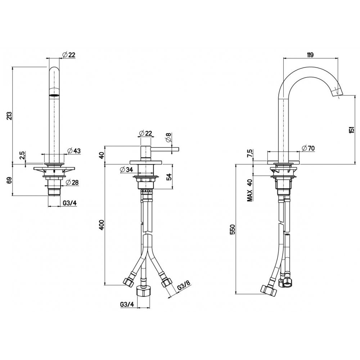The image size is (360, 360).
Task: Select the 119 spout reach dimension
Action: click(310, 55)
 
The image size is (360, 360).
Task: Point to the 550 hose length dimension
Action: click(233, 229)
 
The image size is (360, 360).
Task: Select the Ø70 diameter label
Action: click(309, 148)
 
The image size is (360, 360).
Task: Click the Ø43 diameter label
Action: click(74, 151)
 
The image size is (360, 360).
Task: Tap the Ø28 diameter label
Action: click(72, 182)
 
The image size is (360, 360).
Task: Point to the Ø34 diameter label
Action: click(126, 170)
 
